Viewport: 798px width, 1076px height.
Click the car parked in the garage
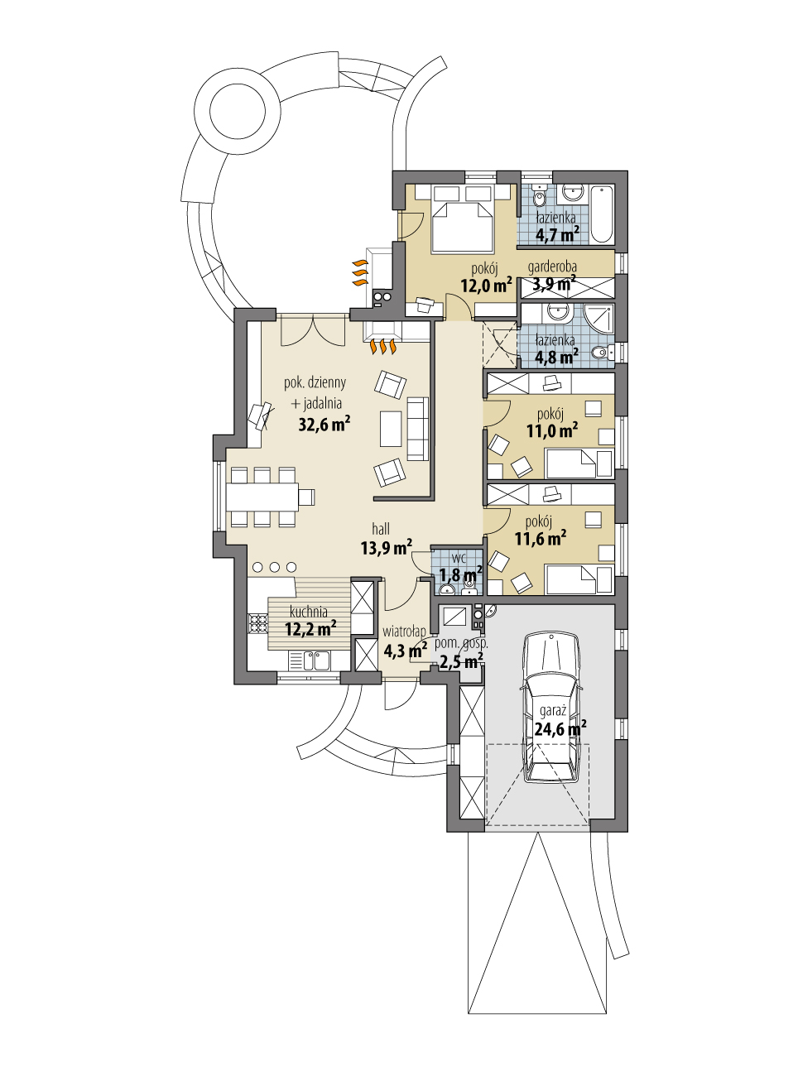[x=549, y=708]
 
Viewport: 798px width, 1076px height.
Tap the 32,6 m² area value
[x=323, y=425]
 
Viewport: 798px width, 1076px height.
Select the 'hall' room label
[x=381, y=529]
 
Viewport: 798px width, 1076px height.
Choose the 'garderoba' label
[x=552, y=267]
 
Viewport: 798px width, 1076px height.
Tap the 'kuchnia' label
[x=309, y=612]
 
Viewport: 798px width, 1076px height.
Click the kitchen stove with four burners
[x=253, y=623]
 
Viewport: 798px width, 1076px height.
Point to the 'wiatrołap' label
[x=404, y=632]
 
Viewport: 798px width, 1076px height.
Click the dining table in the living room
[x=263, y=496]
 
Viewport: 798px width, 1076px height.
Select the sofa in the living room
[x=418, y=428]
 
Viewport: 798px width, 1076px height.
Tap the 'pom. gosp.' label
[x=461, y=643]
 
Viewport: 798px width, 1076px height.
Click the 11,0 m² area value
[x=551, y=431]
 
